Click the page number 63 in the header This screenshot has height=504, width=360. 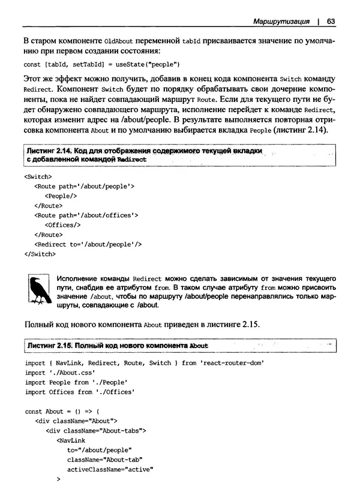[x=331, y=22]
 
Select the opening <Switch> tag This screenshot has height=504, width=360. [x=38, y=177]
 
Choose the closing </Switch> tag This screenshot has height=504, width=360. [x=40, y=254]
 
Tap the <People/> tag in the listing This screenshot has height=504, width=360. [x=62, y=196]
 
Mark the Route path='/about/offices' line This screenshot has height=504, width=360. [x=86, y=215]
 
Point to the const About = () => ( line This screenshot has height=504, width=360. [x=58, y=412]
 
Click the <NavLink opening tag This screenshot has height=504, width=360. [x=70, y=440]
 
